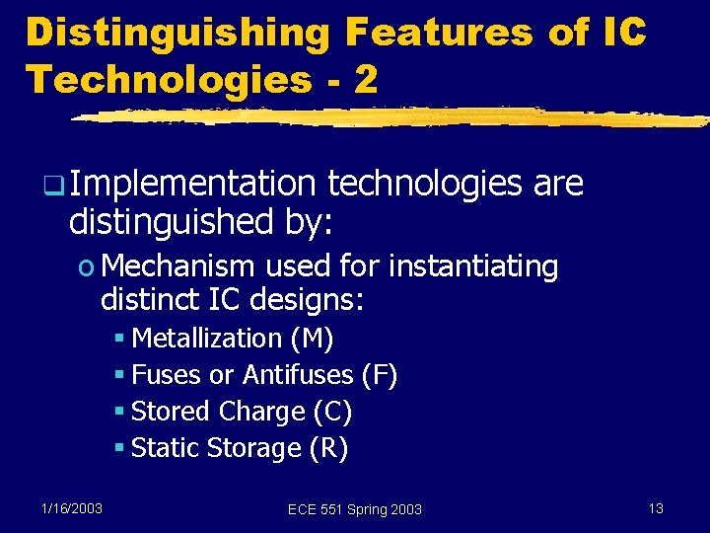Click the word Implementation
192,184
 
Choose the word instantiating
473,266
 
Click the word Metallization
207,339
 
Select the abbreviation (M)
313,339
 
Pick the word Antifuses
298,375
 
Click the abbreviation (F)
380,375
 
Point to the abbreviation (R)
328,448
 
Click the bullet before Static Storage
118,449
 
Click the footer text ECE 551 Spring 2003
354,509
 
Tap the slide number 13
656,508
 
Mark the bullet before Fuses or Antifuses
118,376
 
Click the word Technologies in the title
168,80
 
